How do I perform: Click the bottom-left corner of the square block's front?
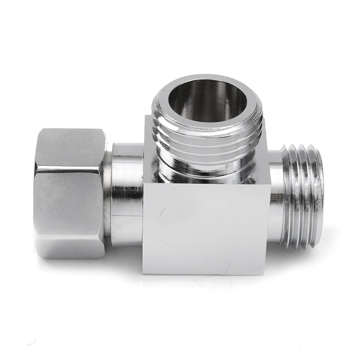tap(143, 273)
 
